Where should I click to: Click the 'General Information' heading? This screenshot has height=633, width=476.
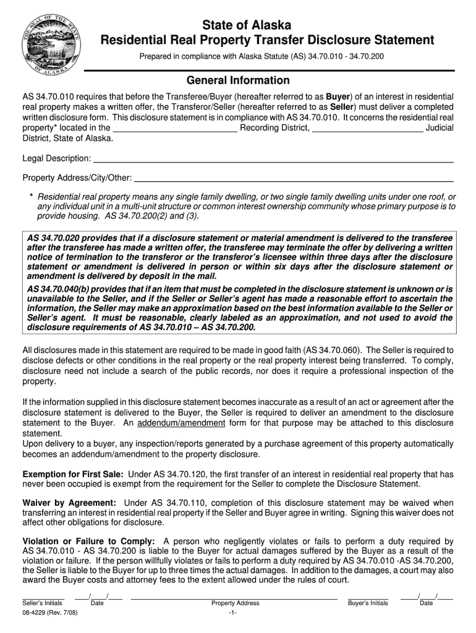[x=238, y=81]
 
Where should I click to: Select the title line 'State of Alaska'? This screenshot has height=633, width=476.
[x=238, y=25]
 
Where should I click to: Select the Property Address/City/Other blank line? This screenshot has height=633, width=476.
[x=294, y=180]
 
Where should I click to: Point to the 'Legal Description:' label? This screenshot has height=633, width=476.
[x=57, y=159]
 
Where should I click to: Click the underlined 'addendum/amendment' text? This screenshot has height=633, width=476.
[x=181, y=423]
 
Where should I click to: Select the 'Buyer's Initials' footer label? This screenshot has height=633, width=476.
[x=368, y=603]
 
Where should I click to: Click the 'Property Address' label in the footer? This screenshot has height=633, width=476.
[x=235, y=603]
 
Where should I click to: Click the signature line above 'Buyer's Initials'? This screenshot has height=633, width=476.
[x=368, y=597]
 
